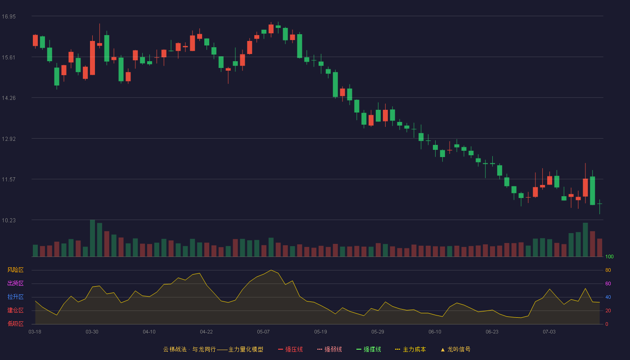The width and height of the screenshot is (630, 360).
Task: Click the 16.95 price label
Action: pyautogui.click(x=9, y=17)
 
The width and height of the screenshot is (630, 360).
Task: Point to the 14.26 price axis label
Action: pyautogui.click(x=9, y=98)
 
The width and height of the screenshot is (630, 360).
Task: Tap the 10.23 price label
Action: pyautogui.click(x=9, y=220)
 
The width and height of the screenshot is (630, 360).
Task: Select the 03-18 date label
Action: pyautogui.click(x=35, y=332)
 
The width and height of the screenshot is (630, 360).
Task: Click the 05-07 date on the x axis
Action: pyautogui.click(x=263, y=332)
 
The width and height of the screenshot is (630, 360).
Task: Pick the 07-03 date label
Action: pyautogui.click(x=549, y=332)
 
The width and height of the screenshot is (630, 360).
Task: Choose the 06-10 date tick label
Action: pyautogui.click(x=435, y=332)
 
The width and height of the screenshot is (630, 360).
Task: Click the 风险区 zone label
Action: pyautogui.click(x=15, y=270)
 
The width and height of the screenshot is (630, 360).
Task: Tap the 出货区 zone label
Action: pyautogui.click(x=15, y=283)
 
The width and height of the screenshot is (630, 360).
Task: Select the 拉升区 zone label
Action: pyautogui.click(x=15, y=297)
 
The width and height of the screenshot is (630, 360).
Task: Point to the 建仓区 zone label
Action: pyautogui.click(x=15, y=310)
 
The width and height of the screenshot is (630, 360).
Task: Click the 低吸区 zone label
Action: pyautogui.click(x=15, y=324)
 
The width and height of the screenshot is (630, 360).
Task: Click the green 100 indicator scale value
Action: pyautogui.click(x=609, y=256)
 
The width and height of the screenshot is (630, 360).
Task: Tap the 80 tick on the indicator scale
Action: pyautogui.click(x=608, y=270)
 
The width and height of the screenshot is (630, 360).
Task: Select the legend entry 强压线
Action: pyautogui.click(x=290, y=349)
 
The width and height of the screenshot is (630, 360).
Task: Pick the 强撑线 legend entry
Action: pyautogui.click(x=369, y=349)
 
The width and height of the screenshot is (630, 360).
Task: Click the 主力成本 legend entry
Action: pyautogui.click(x=410, y=349)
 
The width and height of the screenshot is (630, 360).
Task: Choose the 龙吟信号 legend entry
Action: pyautogui.click(x=455, y=349)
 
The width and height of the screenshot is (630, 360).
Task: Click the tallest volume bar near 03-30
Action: pyautogui.click(x=92, y=238)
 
